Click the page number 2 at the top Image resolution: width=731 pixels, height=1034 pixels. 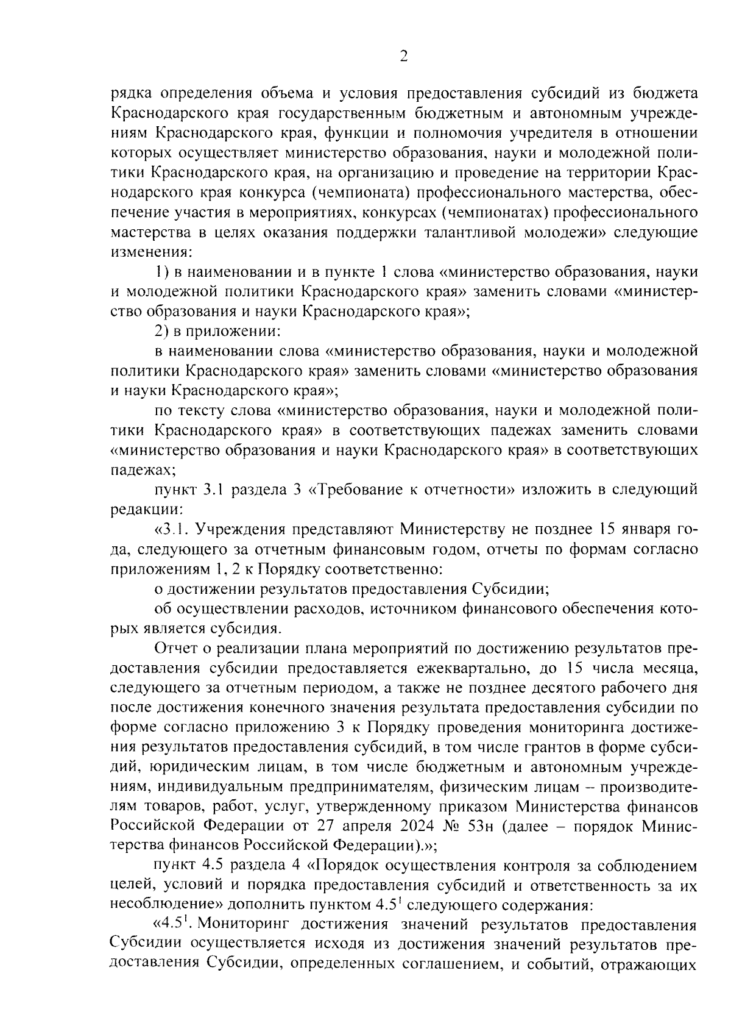(403, 57)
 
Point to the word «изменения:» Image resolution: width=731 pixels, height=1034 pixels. (151, 252)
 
